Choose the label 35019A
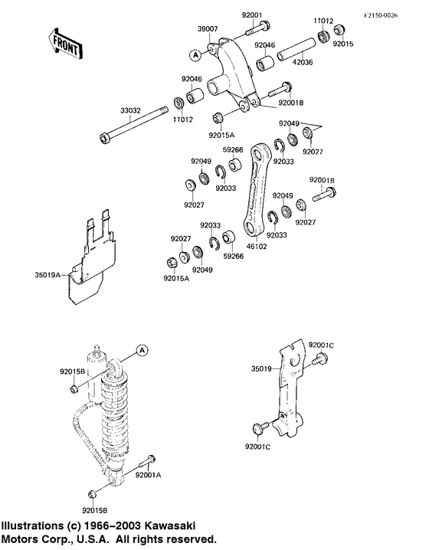pos(47,273)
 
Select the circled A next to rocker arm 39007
pos(195,55)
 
